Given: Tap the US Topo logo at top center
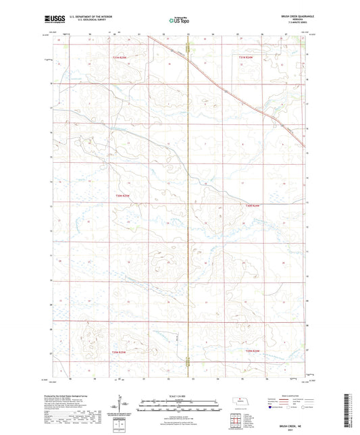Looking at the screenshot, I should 179,20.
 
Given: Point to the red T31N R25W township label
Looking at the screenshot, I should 120,57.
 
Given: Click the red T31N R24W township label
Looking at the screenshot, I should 249,57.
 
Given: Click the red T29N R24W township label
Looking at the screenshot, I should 253,351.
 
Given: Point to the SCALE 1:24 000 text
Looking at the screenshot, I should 180,396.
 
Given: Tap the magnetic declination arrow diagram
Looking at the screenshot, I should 122,404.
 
